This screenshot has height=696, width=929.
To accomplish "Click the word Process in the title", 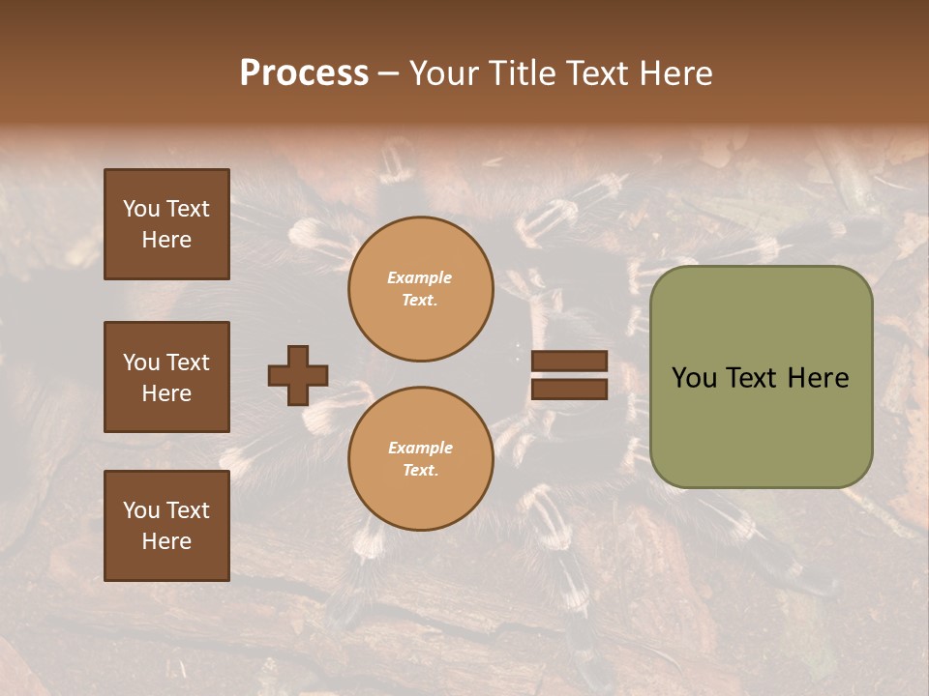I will point(304,73).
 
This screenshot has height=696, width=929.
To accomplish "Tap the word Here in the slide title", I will point(675,73).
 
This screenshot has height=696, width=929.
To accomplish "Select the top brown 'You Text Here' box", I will point(166,224).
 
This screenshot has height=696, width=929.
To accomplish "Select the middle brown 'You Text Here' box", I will point(166,377).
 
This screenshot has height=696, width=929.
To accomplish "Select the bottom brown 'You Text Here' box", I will point(166,526).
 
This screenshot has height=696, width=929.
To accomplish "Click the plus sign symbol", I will point(298,375).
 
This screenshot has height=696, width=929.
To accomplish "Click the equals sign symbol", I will point(569,375).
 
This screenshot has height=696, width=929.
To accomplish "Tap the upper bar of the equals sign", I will point(569,362).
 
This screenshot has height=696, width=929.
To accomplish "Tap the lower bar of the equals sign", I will point(569,389).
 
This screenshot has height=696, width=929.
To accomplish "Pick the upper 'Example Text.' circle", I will point(420,289).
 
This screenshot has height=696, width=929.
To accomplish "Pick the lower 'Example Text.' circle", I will point(420,459).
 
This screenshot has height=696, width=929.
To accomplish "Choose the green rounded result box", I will point(761,377).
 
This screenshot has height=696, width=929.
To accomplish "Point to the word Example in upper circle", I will point(420,277).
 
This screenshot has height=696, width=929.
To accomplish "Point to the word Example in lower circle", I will point(420,448).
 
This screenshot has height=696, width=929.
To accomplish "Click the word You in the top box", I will point(141,209).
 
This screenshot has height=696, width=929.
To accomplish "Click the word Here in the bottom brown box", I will point(166,541).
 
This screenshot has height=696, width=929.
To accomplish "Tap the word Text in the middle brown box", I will point(187,362).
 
